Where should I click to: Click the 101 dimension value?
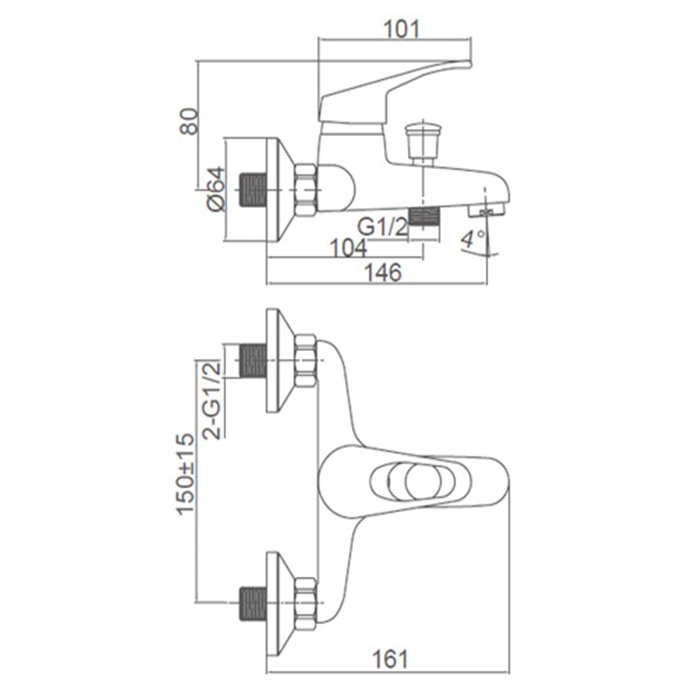point(401,30)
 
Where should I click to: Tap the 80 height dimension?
point(188,121)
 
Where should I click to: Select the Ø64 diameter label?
point(216,189)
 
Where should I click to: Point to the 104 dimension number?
point(348,248)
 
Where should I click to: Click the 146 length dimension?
point(383,272)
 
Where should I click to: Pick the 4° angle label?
point(472,240)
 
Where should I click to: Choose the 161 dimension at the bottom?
point(389,659)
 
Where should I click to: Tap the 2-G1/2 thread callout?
point(212,400)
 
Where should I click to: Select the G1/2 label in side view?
point(382,227)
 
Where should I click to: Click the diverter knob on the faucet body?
point(423,144)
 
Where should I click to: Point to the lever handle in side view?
point(395,92)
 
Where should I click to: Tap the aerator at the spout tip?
point(487,210)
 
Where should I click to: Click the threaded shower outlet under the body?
point(423,216)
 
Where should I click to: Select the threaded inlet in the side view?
point(253,190)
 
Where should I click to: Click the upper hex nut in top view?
point(306,361)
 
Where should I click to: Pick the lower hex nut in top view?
point(306,603)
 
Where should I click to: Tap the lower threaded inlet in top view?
point(253,603)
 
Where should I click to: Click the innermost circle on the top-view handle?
point(423,482)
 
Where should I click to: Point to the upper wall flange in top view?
point(280,361)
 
